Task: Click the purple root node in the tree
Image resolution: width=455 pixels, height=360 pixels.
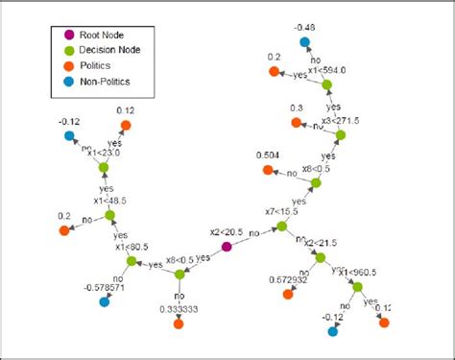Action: coord(227,247)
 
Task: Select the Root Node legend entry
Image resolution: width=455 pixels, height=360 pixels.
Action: coord(106,35)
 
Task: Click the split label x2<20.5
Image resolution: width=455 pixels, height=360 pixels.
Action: coord(227,231)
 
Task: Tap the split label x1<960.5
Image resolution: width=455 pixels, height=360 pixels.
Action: coord(356,271)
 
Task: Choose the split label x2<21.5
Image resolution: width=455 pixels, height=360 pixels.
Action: coord(323,243)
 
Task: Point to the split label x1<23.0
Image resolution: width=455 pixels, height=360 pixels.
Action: coord(104,151)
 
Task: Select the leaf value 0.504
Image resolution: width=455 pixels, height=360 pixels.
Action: coord(269,155)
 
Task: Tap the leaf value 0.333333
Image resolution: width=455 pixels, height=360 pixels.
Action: coord(179,309)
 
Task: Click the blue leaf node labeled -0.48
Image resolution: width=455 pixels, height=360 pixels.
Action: coord(305,42)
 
